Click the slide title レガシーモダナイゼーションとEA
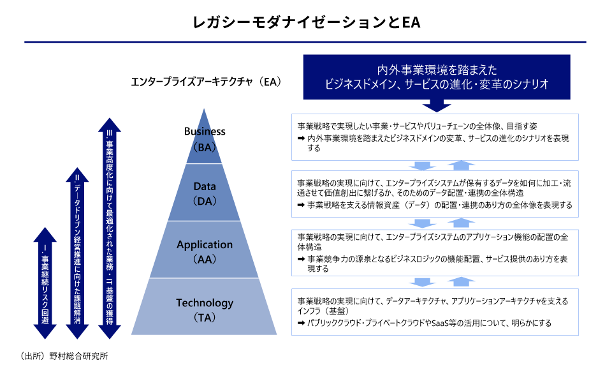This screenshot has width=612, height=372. [305, 22]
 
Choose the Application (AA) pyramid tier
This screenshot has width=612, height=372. [205, 251]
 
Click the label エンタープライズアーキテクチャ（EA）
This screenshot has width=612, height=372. [205, 82]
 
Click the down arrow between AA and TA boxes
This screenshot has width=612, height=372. [421, 281]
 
